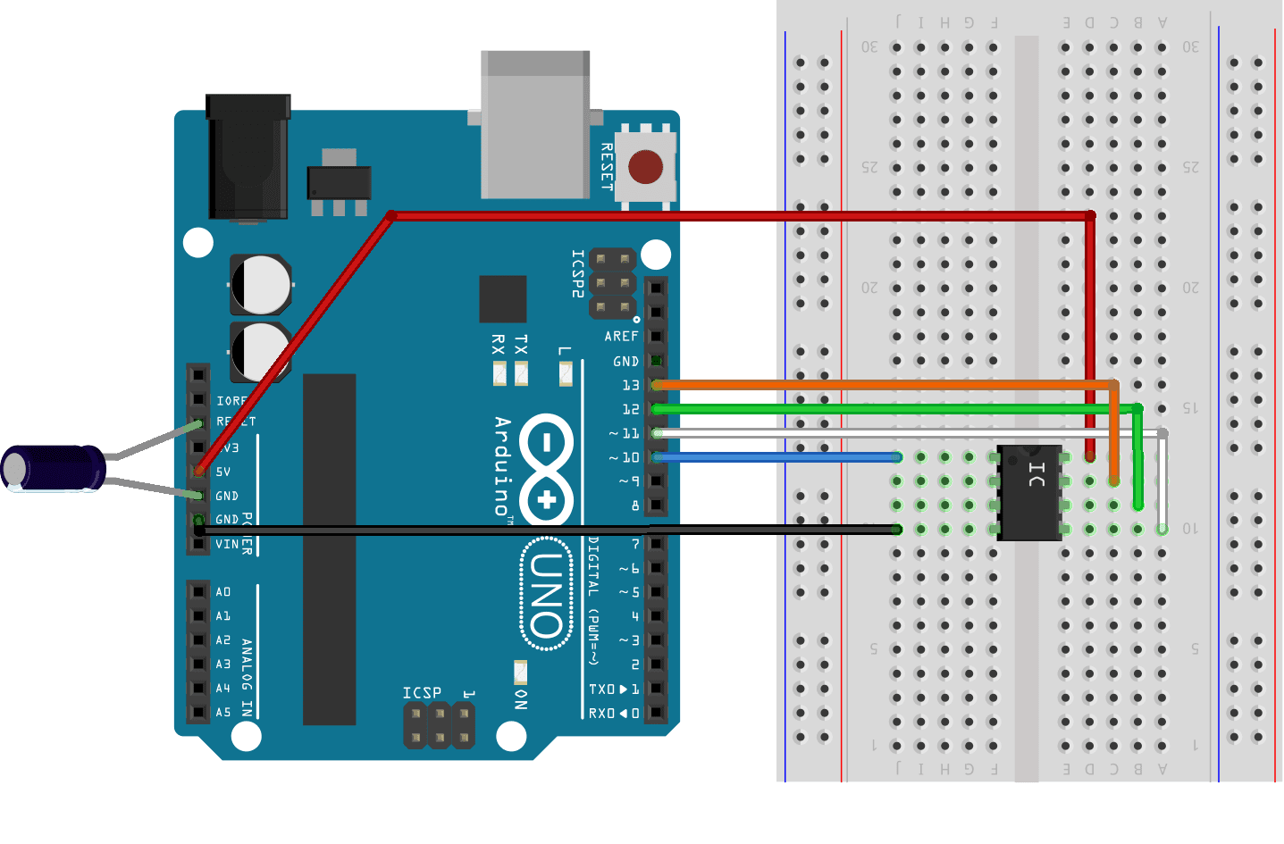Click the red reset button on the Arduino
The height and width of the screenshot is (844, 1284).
tap(645, 167)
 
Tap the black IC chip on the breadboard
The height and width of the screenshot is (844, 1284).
tap(1029, 493)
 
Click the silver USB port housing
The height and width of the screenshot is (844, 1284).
tap(534, 125)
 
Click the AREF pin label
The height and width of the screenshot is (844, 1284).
tap(621, 337)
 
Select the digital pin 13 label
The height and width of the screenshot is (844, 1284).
tap(631, 385)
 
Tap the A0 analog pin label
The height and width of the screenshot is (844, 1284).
tap(223, 592)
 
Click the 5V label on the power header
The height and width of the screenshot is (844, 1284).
tap(223, 472)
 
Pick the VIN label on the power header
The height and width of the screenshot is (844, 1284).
tap(227, 544)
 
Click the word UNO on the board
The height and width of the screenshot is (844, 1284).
tap(546, 594)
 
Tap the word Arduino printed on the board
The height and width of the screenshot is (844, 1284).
tap(503, 465)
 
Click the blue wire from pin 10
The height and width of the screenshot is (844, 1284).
tap(777, 457)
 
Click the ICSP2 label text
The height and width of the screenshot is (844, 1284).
tap(577, 273)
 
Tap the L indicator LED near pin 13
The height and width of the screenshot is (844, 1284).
tap(566, 373)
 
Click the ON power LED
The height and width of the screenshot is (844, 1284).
tap(520, 672)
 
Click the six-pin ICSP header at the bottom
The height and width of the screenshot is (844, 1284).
tap(439, 725)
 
